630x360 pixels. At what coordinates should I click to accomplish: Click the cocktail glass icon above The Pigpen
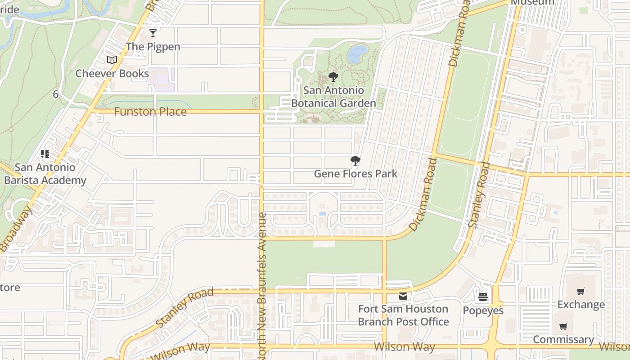(153, 33)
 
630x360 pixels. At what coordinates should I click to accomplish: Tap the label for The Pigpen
(153, 46)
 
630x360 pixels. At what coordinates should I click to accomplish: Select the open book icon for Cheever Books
(112, 60)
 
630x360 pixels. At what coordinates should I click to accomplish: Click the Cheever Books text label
(112, 73)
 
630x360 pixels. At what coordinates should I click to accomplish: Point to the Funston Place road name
(150, 112)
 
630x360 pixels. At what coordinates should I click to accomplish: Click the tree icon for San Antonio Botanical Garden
(333, 77)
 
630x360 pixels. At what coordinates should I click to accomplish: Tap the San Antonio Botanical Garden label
(333, 97)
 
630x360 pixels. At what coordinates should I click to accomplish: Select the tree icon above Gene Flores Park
(355, 161)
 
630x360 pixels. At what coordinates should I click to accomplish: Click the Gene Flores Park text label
(355, 174)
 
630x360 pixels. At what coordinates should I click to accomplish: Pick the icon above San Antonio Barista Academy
(45, 154)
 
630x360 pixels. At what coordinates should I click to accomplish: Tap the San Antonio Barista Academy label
(45, 174)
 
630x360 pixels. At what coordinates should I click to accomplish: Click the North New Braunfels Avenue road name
(263, 286)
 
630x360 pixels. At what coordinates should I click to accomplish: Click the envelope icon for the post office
(403, 296)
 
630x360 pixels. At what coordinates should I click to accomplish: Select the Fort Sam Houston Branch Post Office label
(403, 315)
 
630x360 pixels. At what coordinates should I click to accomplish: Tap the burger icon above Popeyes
(483, 297)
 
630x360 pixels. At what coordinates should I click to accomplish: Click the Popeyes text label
(483, 310)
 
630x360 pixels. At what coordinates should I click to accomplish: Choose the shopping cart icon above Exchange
(581, 291)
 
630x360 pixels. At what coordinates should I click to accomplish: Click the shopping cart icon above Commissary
(563, 326)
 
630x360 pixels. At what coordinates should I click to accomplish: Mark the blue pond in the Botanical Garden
(357, 54)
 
